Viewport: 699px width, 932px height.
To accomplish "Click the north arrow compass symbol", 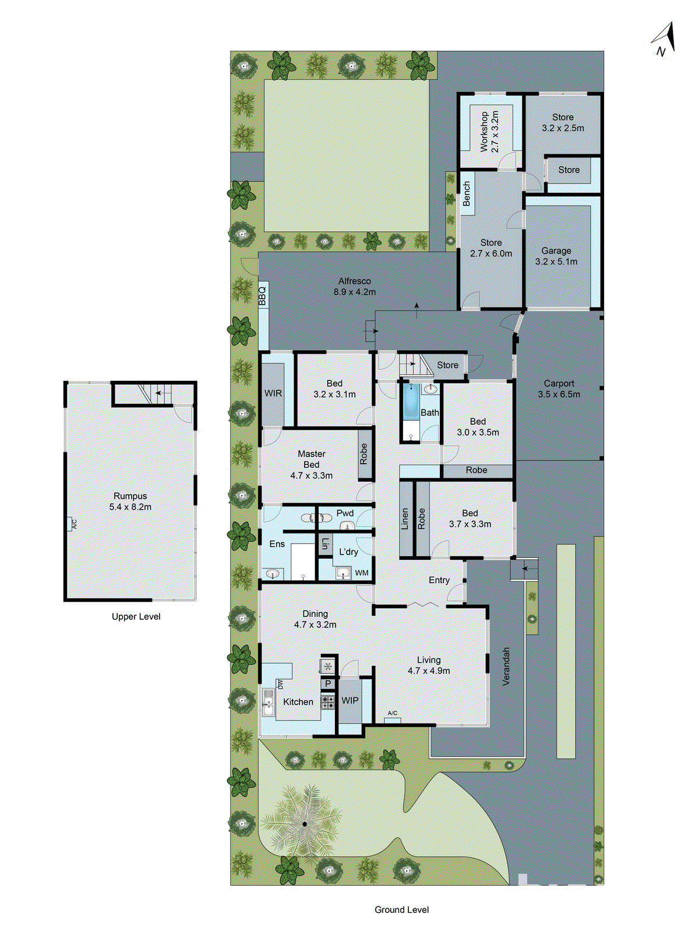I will tap(664, 40).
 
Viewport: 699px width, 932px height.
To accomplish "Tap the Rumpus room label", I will tap(130, 496).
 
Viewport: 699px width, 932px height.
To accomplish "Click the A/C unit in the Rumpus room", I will tap(71, 524).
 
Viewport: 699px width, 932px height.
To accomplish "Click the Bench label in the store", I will tap(467, 193).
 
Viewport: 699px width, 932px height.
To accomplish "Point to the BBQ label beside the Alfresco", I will tap(263, 296).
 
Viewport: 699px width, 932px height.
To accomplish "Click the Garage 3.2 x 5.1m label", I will tap(556, 256).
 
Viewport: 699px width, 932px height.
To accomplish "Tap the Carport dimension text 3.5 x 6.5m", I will tap(559, 394).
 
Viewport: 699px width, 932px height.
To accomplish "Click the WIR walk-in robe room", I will tap(273, 393).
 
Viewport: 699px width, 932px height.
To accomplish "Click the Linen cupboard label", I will tap(405, 518).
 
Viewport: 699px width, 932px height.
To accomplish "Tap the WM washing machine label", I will tap(362, 573).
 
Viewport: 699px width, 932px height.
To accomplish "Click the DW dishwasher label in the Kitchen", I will tap(280, 684).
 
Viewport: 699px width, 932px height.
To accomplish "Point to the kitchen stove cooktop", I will tap(328, 701).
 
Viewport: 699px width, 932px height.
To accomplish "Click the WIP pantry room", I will tap(349, 700).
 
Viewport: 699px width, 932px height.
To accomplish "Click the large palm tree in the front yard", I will tap(303, 823).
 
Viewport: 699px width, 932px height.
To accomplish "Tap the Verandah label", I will tap(506, 665).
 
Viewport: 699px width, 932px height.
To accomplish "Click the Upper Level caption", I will tap(136, 616).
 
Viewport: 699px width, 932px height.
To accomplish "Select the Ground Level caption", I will tap(401, 909).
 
